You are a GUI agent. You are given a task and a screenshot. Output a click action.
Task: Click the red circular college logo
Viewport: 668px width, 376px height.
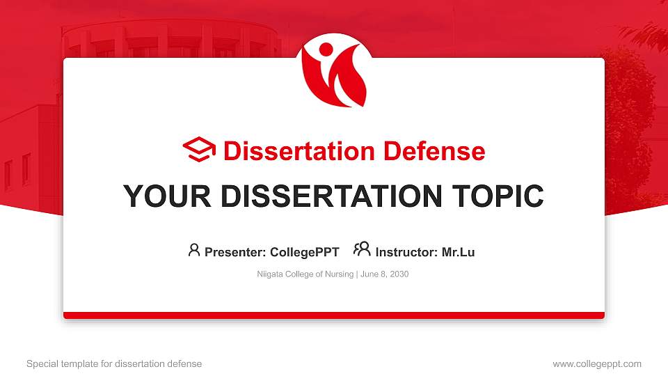(334, 74)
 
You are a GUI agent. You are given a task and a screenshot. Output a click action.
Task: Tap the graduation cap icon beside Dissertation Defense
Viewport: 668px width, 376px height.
(199, 150)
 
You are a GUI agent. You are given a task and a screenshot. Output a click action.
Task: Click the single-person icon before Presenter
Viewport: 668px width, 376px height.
(194, 250)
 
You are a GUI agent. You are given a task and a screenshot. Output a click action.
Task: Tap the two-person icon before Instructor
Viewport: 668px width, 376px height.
(362, 250)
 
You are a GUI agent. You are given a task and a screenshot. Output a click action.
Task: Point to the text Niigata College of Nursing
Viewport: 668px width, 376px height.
(305, 274)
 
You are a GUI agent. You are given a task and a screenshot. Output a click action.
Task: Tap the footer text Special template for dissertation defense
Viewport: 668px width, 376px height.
(114, 363)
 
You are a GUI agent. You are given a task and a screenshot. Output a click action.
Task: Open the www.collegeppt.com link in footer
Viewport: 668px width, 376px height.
(597, 363)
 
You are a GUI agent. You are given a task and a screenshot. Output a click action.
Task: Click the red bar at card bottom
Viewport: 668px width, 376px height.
(334, 315)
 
